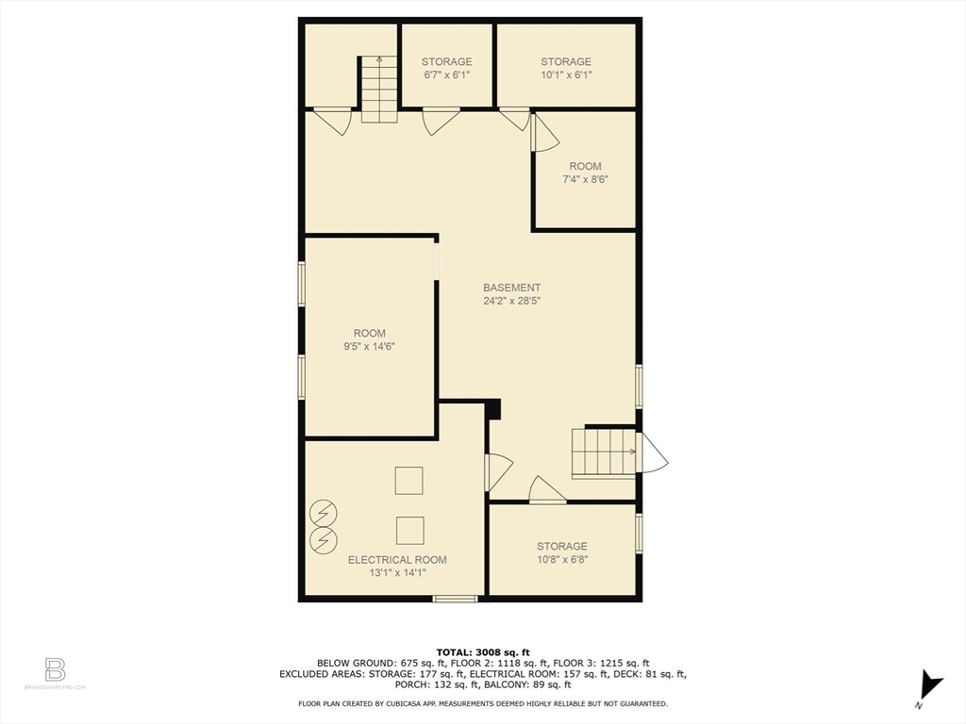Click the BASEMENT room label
[x=512, y=288]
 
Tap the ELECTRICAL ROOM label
[x=397, y=559]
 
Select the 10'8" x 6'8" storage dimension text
[x=562, y=559]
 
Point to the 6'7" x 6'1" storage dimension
[x=447, y=74]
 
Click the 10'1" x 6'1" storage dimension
[x=566, y=74]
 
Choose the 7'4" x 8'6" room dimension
[x=585, y=179]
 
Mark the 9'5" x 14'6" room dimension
[x=370, y=346]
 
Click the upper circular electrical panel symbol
[x=324, y=514]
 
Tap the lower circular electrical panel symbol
[x=324, y=539]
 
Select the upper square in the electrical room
[x=409, y=481]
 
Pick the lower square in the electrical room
[x=409, y=530]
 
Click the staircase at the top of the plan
[x=379, y=90]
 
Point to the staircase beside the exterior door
[x=604, y=452]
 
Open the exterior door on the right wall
[x=652, y=453]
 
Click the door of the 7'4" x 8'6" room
[x=544, y=134]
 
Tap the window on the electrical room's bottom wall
[x=455, y=598]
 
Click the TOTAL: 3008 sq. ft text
[x=482, y=651]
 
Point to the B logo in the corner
[x=55, y=669]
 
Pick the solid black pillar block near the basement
[x=492, y=409]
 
